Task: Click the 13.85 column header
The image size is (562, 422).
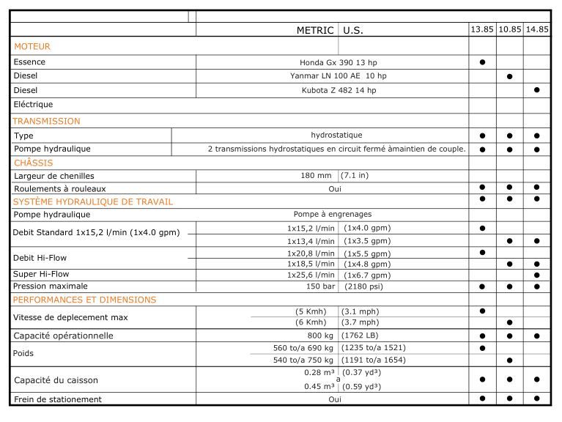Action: pyautogui.click(x=482, y=30)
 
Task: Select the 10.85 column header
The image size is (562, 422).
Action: pyautogui.click(x=510, y=30)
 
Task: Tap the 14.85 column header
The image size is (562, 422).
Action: pyautogui.click(x=537, y=30)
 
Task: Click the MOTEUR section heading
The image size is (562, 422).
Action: pyautogui.click(x=32, y=46)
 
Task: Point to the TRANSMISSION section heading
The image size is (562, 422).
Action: pyautogui.click(x=47, y=121)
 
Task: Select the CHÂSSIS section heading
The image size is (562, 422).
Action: pyautogui.click(x=34, y=163)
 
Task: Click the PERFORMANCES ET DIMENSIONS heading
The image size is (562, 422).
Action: pyautogui.click(x=85, y=300)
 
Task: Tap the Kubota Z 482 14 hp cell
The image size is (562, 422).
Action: pyautogui.click(x=339, y=90)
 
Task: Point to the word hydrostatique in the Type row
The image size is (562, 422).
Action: pyautogui.click(x=336, y=135)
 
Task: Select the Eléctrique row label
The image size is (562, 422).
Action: pyautogui.click(x=33, y=104)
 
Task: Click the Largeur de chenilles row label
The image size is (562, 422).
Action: pyautogui.click(x=54, y=176)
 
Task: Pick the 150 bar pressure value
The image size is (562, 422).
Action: pyautogui.click(x=320, y=286)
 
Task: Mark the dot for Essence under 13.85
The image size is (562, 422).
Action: pyautogui.click(x=482, y=62)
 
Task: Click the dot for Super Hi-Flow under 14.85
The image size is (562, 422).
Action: pyautogui.click(x=537, y=275)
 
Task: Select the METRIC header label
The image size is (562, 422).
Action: pyautogui.click(x=315, y=31)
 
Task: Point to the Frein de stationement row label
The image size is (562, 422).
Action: pyautogui.click(x=58, y=399)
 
